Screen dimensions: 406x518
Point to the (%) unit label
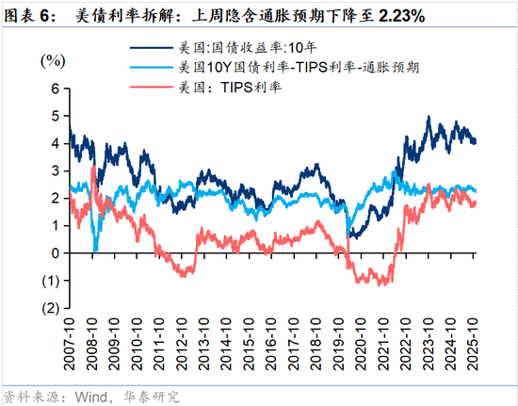[54, 60]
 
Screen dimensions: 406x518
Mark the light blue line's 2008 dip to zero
[94, 251]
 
